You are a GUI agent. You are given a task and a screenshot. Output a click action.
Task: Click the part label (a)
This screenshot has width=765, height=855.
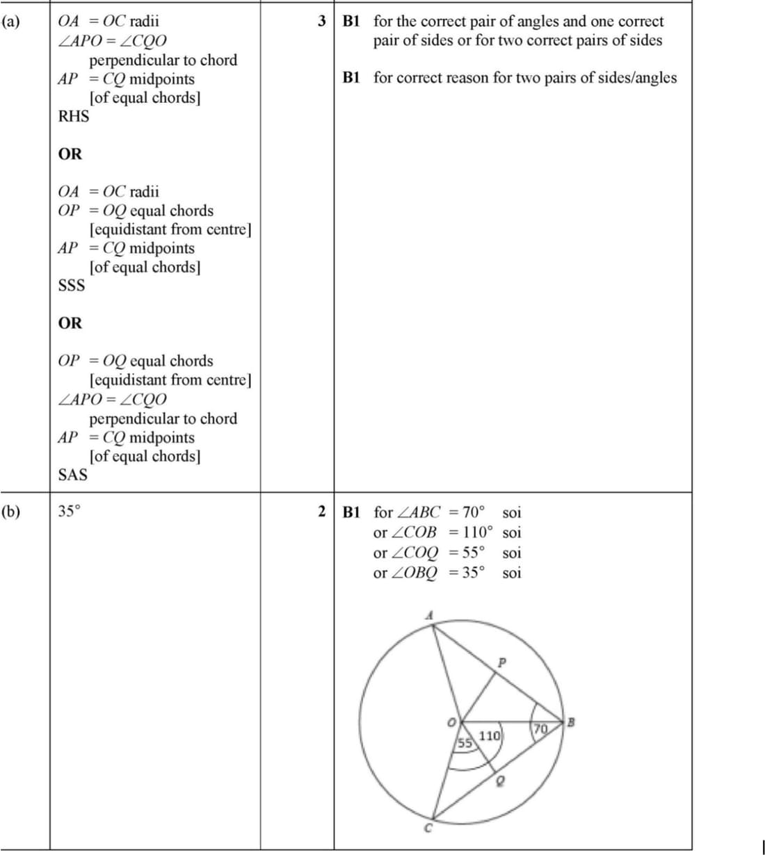tap(10, 22)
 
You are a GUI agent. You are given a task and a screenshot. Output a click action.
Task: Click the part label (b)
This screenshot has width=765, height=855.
tap(10, 512)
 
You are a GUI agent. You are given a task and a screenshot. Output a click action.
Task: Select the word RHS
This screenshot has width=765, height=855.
tap(73, 116)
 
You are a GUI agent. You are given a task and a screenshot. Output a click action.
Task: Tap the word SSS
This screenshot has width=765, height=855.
tap(72, 286)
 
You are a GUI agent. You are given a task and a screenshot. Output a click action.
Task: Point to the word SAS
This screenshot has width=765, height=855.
tap(73, 475)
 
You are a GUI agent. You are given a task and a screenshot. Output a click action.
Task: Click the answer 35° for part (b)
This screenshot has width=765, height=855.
tap(69, 512)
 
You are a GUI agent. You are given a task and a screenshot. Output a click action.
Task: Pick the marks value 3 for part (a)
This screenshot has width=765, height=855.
tap(322, 21)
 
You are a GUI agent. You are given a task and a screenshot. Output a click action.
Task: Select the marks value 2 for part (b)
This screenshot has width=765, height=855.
tap(322, 512)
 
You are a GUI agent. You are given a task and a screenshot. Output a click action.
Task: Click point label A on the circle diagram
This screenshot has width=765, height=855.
tap(429, 614)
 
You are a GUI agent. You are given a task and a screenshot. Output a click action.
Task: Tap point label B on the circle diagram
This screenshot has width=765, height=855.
tap(571, 722)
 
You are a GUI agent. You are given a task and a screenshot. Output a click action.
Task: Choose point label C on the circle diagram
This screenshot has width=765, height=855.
tap(428, 828)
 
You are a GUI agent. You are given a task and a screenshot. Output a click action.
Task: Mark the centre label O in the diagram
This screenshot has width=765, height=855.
tap(451, 724)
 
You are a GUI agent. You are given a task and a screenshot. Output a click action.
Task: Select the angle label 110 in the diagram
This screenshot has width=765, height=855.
tap(490, 735)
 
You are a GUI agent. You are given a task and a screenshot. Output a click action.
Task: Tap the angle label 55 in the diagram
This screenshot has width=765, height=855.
tap(464, 743)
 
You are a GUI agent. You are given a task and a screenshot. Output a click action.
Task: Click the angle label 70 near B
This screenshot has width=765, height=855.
tap(540, 729)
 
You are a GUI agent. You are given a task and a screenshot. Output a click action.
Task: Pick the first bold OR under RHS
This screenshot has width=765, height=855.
tap(70, 154)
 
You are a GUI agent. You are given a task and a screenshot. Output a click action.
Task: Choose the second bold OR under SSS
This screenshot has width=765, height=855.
tap(70, 323)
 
